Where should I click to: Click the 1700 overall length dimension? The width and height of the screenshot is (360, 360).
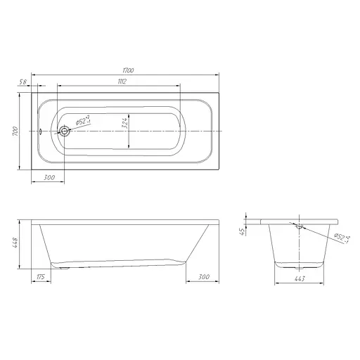pyautogui.click(x=128, y=70)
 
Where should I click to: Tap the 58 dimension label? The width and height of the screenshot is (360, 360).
pyautogui.click(x=23, y=82)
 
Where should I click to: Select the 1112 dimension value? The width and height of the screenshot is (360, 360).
pyautogui.click(x=122, y=82)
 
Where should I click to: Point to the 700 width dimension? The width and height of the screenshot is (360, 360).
pyautogui.click(x=15, y=131)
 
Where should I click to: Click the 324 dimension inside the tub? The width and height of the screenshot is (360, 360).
pyautogui.click(x=124, y=123)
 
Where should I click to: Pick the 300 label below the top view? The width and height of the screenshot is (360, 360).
pyautogui.click(x=49, y=178)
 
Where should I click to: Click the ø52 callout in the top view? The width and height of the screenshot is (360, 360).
pyautogui.click(x=83, y=120)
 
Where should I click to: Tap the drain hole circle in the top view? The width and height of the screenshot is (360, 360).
pyautogui.click(x=64, y=131)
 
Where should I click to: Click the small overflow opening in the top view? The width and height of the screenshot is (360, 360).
pyautogui.click(x=40, y=131)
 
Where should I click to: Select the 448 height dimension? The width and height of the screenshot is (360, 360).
pyautogui.click(x=15, y=243)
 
